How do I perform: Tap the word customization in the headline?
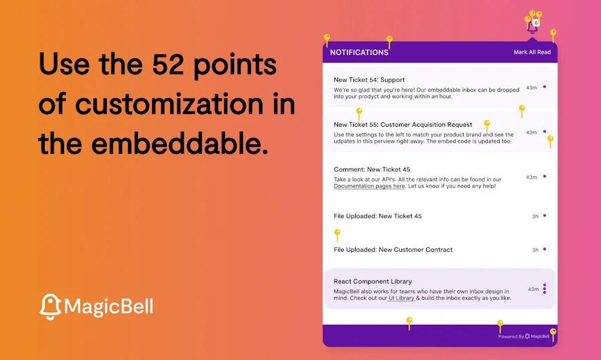(x=170, y=104)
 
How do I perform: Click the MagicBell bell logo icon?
(x=50, y=307)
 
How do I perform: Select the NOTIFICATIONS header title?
(x=359, y=52)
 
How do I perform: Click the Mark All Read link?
(x=532, y=52)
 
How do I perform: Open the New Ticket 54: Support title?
(x=369, y=80)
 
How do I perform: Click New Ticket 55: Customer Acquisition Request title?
(x=403, y=125)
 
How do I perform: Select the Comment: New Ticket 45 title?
(x=372, y=170)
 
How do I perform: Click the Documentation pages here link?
(x=369, y=186)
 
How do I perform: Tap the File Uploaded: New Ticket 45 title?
(x=377, y=216)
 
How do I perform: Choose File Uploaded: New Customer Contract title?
(x=393, y=250)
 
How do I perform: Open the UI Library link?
(x=401, y=298)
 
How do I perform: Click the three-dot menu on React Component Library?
(x=545, y=289)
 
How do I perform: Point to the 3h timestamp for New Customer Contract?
(x=535, y=250)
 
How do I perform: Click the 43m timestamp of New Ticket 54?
(x=531, y=88)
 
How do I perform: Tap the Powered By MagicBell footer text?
(x=524, y=337)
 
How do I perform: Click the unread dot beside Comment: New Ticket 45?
(x=545, y=177)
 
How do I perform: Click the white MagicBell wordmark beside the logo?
(x=109, y=307)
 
